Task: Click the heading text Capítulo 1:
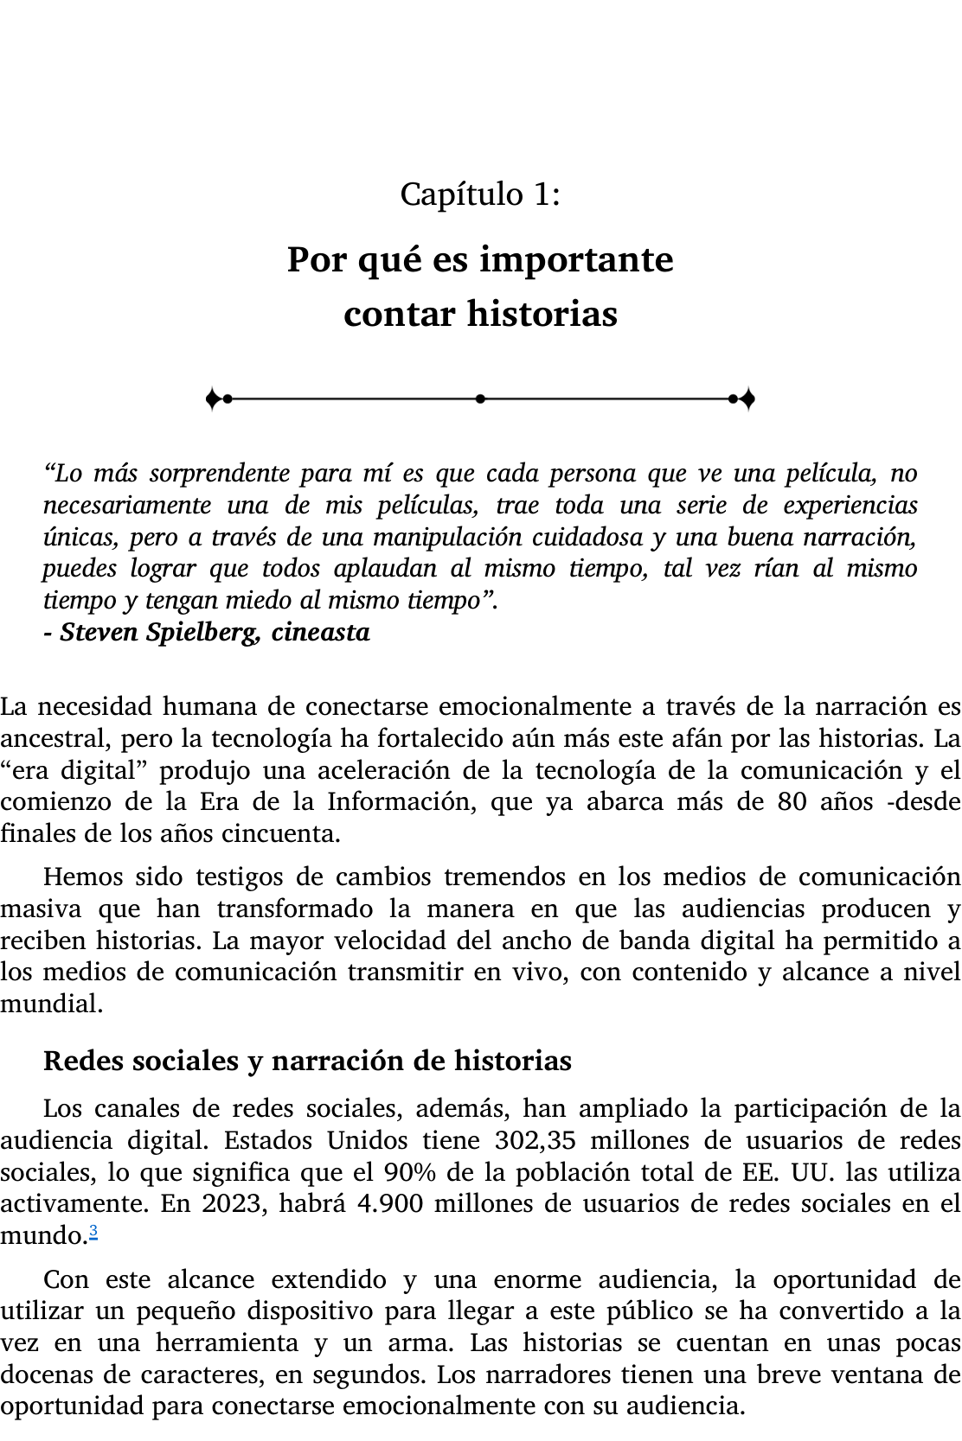(480, 194)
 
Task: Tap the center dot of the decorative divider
(480, 399)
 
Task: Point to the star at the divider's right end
(748, 399)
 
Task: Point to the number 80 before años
(792, 802)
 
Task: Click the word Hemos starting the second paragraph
(82, 877)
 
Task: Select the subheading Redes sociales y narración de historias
(307, 1061)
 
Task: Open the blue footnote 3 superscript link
(93, 1232)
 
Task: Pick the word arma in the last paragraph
(430, 1343)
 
